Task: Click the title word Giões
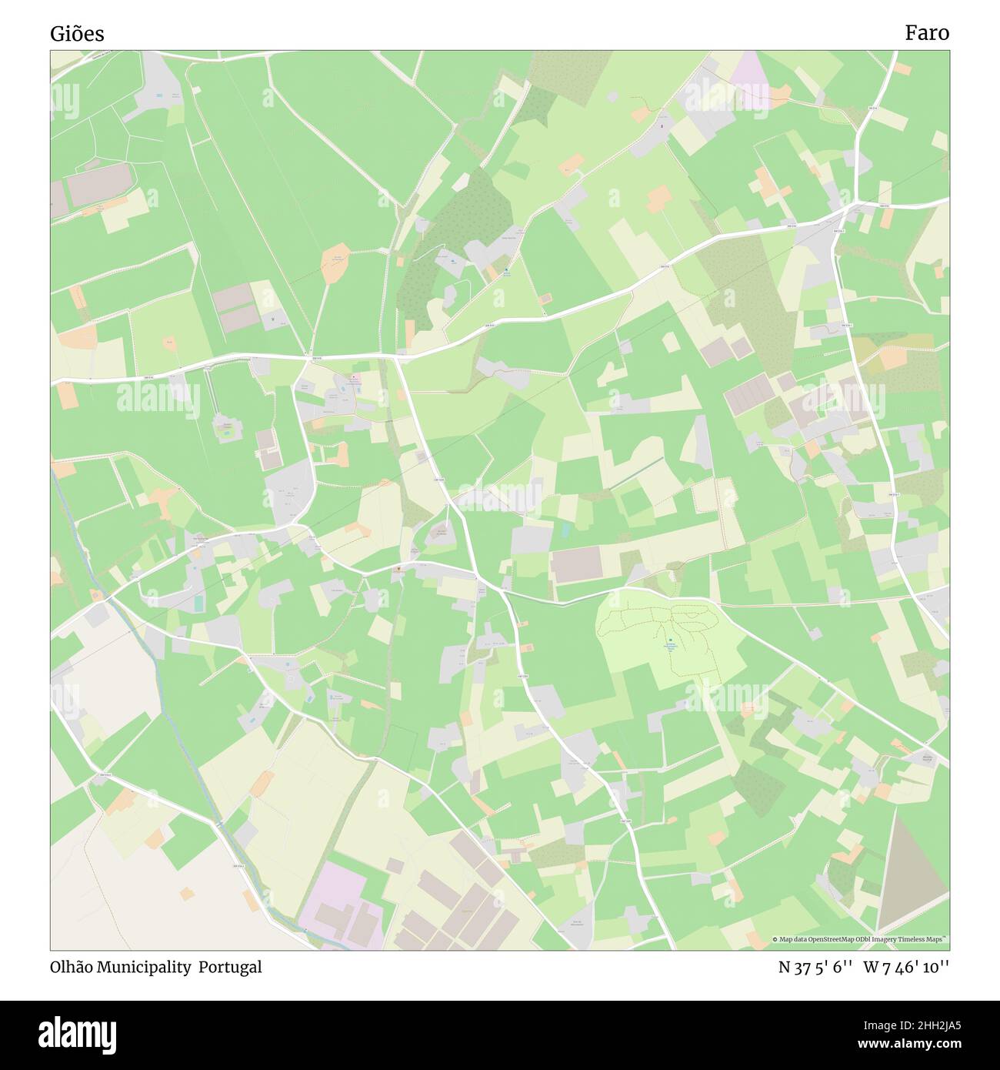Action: (77, 34)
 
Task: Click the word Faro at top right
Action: (926, 32)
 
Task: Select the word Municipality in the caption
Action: (144, 967)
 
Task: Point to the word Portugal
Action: (230, 967)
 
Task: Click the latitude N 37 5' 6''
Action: (815, 968)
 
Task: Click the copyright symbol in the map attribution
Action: (775, 939)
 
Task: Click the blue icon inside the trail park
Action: (671, 640)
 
